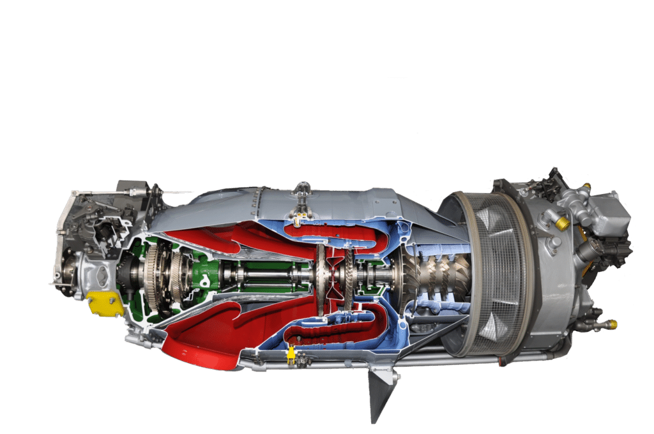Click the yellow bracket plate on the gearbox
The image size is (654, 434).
tap(105, 303)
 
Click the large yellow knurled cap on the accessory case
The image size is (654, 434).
tap(563, 223)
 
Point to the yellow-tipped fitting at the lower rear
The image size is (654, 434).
tap(612, 325)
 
